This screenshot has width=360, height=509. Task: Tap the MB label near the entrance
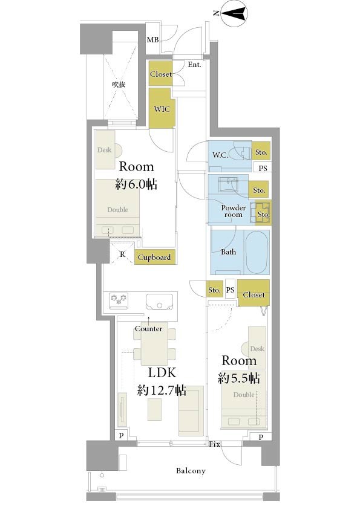[x=152, y=40]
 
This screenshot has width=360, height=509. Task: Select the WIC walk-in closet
[x=162, y=108]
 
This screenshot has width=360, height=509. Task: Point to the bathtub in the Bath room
[x=257, y=252]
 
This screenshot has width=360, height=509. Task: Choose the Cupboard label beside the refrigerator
[x=154, y=258]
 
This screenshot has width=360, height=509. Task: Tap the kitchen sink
[x=159, y=302]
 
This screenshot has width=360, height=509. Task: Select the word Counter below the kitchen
[x=149, y=328]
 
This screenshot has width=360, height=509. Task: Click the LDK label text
[x=162, y=372]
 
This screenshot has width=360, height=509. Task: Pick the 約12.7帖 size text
[x=162, y=390]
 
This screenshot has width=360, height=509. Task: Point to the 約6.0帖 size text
[x=137, y=184]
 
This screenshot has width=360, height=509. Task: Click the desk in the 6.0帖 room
[x=105, y=150]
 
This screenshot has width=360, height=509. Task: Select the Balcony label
[x=191, y=470]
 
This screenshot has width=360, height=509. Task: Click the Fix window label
[x=214, y=444]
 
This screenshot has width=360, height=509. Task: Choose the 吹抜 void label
[x=119, y=85]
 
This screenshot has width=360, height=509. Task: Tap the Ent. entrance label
[x=194, y=65]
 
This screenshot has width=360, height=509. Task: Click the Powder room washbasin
[x=227, y=185]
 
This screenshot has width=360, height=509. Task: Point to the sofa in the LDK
[x=191, y=411]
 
